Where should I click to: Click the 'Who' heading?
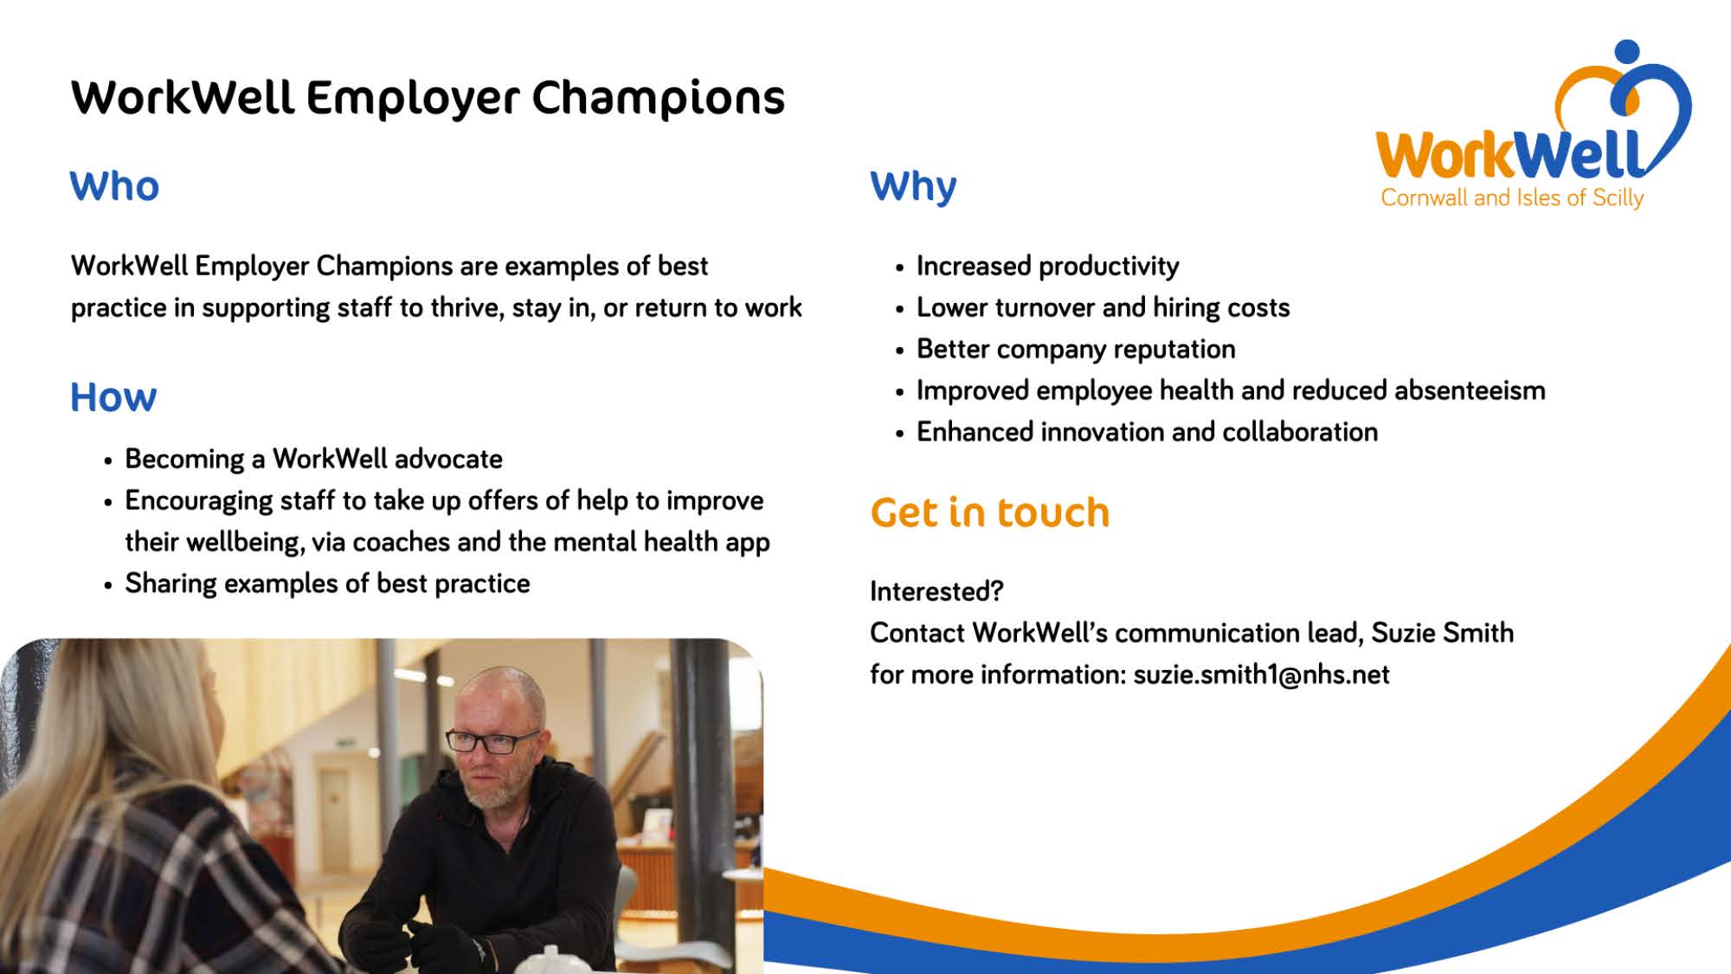click(x=114, y=186)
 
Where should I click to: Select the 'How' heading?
click(x=113, y=397)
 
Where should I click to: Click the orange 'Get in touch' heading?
click(x=989, y=513)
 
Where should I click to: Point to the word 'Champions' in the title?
click(x=658, y=99)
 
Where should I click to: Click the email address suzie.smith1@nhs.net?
click(x=1261, y=674)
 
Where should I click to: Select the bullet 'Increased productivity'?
click(x=1047, y=267)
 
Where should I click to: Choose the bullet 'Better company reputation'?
click(x=1076, y=350)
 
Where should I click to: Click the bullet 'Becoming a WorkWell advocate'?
click(x=313, y=460)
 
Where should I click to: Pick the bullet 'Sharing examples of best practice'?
click(x=327, y=584)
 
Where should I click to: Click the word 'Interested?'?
click(x=936, y=591)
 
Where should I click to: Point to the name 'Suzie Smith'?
click(x=1442, y=633)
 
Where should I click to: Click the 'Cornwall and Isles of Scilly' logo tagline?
click(x=1512, y=198)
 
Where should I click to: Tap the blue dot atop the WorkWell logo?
click(x=1627, y=52)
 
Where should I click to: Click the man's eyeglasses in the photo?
click(x=492, y=741)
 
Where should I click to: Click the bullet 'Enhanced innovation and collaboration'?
click(x=1147, y=432)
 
